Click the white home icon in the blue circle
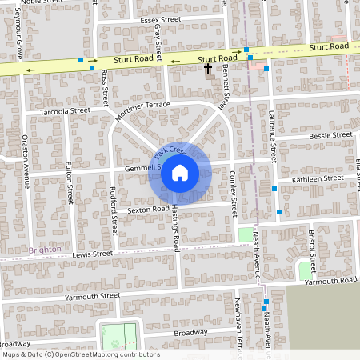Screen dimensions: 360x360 [180, 172]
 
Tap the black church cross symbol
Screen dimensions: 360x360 [209, 70]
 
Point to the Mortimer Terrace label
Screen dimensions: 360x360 [143, 111]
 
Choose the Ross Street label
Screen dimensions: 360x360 [105, 87]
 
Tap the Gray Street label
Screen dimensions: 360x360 [158, 40]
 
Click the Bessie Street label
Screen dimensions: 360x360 [330, 136]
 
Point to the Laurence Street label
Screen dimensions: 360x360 [272, 133]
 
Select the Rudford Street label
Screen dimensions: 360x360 [114, 208]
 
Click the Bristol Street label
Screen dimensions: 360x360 [312, 250]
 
